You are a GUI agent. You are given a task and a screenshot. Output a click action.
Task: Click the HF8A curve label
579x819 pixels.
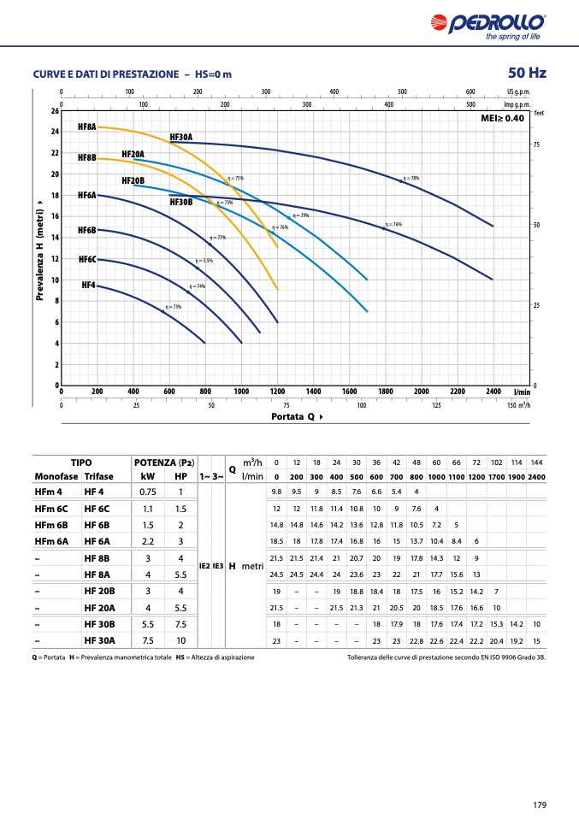pos(87,127)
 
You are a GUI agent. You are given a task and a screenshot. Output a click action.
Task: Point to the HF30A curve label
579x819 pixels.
pos(181,137)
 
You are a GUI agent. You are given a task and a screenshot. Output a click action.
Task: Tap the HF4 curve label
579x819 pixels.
pos(88,285)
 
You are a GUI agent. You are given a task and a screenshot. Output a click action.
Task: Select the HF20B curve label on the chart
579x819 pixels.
pos(133,180)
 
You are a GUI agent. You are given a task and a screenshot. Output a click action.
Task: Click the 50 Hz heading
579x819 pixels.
pos(527,73)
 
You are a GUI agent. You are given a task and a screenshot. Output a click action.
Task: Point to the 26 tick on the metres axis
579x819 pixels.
pos(55,111)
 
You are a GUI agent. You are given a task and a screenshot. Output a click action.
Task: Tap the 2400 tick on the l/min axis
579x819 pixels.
pos(493,392)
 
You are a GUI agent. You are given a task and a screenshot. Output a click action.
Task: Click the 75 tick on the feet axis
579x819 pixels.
pos(536,145)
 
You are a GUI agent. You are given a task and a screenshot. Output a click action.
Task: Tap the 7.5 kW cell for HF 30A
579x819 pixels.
pos(147,639)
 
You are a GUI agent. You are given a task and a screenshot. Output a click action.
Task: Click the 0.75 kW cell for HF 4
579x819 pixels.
pos(147,492)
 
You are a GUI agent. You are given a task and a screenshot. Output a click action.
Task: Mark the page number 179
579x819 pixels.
pos(539,804)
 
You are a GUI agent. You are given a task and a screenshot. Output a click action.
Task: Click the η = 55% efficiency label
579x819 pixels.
pos(204,260)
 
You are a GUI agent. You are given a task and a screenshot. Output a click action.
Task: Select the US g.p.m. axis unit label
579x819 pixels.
pos(518,91)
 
